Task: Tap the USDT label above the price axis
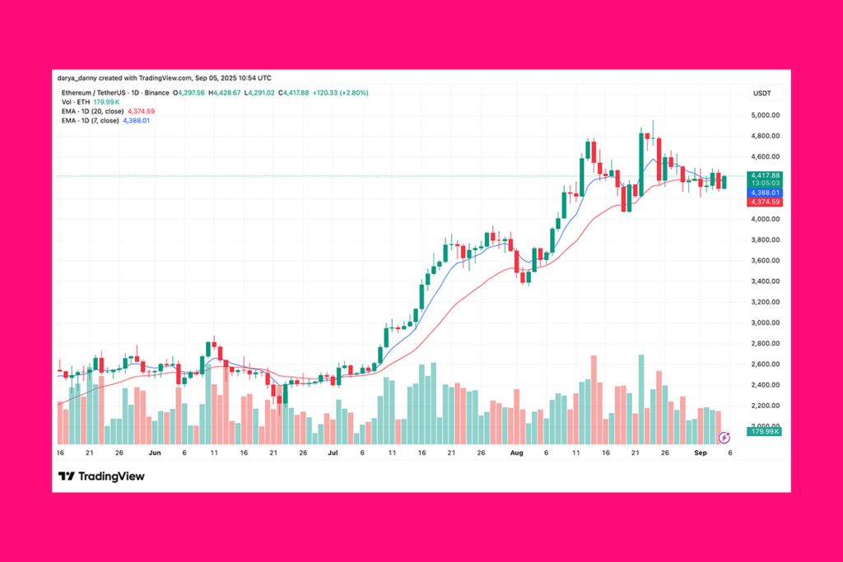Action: point(761,93)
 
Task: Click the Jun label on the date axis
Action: point(155,453)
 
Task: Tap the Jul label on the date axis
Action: point(333,453)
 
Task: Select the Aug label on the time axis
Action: point(516,453)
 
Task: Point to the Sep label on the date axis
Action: point(700,453)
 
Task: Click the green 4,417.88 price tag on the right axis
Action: point(763,175)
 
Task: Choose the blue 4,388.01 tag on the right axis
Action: point(763,193)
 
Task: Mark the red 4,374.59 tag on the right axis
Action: point(763,202)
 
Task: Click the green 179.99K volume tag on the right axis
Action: point(763,431)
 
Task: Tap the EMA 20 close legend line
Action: point(107,111)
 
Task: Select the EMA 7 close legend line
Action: point(104,120)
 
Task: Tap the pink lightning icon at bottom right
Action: point(724,438)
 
